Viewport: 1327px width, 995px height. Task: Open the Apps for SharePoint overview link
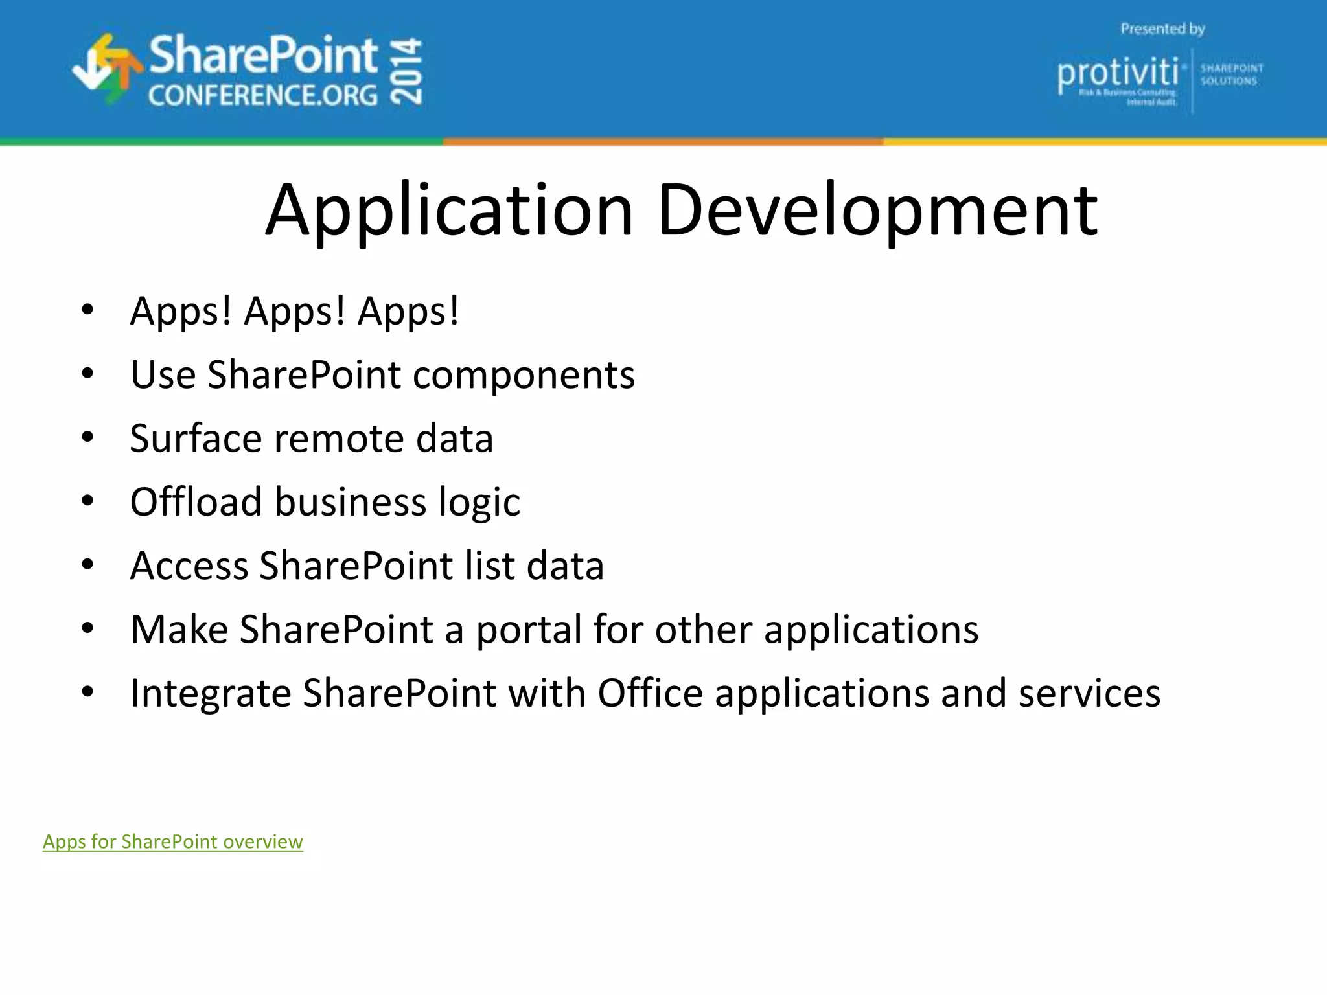(173, 841)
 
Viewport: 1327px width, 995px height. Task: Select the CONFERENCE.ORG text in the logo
(262, 96)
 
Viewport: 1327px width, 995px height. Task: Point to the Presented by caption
(1162, 29)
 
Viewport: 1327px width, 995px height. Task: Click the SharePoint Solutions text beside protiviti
(1231, 74)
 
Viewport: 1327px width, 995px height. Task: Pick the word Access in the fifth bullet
(189, 566)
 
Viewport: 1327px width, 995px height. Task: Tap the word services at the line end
(1089, 694)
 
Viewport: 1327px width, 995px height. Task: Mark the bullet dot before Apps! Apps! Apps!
(87, 310)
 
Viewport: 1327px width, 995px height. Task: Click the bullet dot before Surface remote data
(87, 437)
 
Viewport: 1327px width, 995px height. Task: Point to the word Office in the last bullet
(650, 694)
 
